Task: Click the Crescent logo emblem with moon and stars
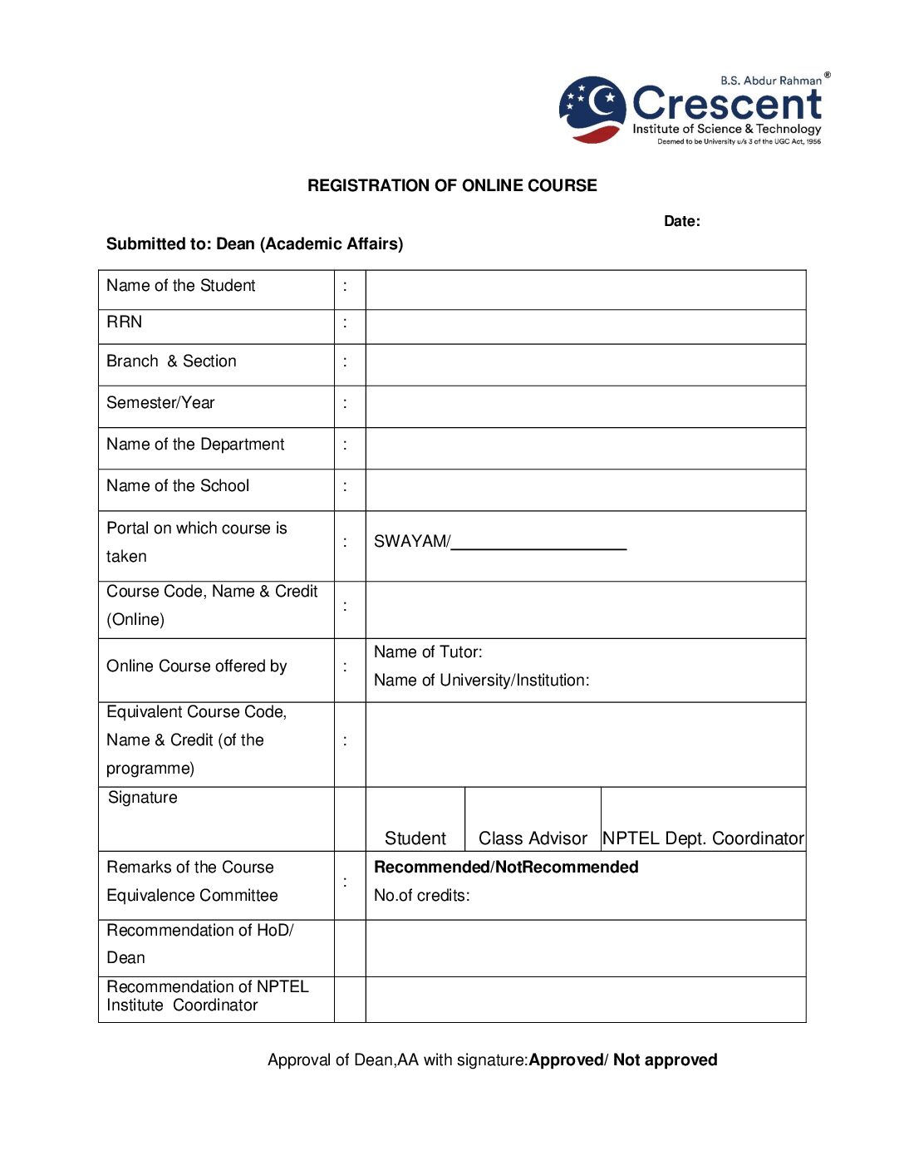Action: [592, 109]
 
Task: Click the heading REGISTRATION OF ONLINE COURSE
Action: [452, 185]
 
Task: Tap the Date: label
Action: [681, 221]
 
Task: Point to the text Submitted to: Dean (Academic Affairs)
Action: [254, 243]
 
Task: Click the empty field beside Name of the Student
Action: [585, 289]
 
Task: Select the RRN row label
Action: [125, 322]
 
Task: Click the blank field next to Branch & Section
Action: [585, 364]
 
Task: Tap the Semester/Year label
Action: [160, 403]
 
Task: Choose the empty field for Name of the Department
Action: [585, 448]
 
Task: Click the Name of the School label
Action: [178, 486]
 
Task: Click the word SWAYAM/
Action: [411, 542]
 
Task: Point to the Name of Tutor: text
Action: [428, 652]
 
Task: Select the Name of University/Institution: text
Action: [481, 681]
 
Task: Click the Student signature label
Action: [415, 838]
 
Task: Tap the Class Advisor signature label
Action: [533, 838]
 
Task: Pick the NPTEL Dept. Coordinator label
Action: [703, 838]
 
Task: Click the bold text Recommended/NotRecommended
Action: [506, 868]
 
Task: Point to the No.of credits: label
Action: [421, 896]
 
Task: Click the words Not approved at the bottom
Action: [665, 1060]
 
